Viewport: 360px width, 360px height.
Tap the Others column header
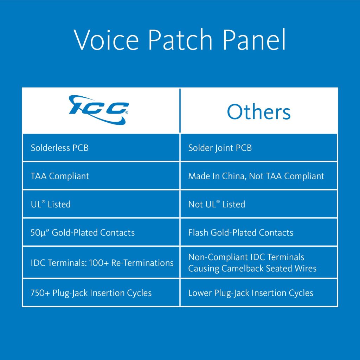[259, 112]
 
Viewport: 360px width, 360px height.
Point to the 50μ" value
[39, 232]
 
